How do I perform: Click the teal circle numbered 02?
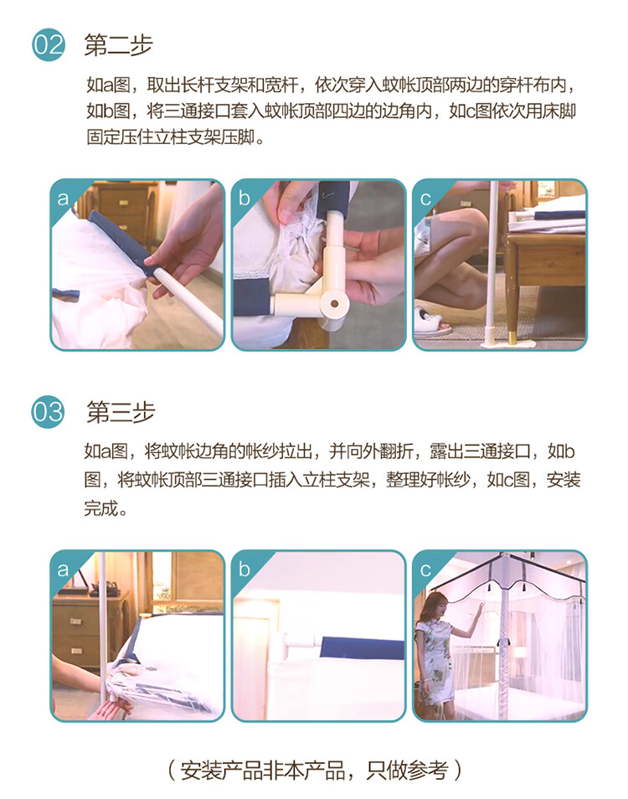(49, 45)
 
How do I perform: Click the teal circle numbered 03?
(48, 412)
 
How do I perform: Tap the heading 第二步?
(118, 45)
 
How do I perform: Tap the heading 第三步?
(121, 412)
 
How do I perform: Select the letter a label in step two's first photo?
(63, 198)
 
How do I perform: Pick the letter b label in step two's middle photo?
(244, 198)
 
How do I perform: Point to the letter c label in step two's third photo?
(425, 198)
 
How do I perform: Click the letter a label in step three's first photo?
(63, 570)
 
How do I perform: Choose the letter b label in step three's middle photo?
(244, 569)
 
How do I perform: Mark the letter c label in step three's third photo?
(425, 570)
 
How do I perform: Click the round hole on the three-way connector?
(334, 304)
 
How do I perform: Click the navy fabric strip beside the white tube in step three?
(362, 648)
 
